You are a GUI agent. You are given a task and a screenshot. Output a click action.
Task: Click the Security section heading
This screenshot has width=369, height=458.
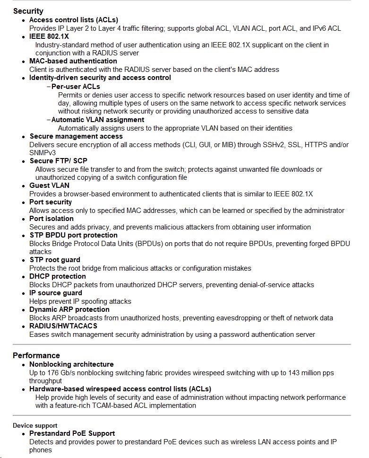pos(28,11)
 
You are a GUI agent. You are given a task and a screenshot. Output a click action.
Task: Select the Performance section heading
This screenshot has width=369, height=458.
pos(36,355)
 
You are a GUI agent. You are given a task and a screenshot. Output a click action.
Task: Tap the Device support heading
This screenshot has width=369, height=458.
pos(35,425)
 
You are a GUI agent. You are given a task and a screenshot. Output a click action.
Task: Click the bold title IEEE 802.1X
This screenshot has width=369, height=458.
pos(49,36)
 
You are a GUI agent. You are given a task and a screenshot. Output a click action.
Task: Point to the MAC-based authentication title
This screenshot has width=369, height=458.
pos(73,61)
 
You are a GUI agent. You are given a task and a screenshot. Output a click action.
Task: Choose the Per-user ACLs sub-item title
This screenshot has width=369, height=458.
pos(76,87)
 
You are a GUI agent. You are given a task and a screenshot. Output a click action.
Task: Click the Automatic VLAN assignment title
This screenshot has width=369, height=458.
pos(98,120)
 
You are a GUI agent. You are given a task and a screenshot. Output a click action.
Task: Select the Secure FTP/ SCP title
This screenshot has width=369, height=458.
pos(58,161)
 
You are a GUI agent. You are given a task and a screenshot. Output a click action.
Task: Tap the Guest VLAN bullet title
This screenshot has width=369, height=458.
pos(49,185)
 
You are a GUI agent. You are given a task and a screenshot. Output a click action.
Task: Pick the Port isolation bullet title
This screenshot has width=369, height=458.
pos(51,219)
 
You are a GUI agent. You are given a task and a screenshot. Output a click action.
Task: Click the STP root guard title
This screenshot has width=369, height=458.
pos(55,260)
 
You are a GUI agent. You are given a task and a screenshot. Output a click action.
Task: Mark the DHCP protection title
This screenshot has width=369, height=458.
pos(58,276)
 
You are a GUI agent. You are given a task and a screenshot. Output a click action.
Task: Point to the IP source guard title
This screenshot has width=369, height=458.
pos(56,293)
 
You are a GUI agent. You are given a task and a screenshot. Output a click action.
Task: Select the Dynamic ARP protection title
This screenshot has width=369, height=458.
pos(69,309)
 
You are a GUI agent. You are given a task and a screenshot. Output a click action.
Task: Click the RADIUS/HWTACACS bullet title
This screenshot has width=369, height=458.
pos(63,326)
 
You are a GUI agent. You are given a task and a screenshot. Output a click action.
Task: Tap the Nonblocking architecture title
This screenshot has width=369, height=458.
pos(71,364)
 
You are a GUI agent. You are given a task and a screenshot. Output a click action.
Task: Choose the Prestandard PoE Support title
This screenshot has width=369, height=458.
pos(72,433)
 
